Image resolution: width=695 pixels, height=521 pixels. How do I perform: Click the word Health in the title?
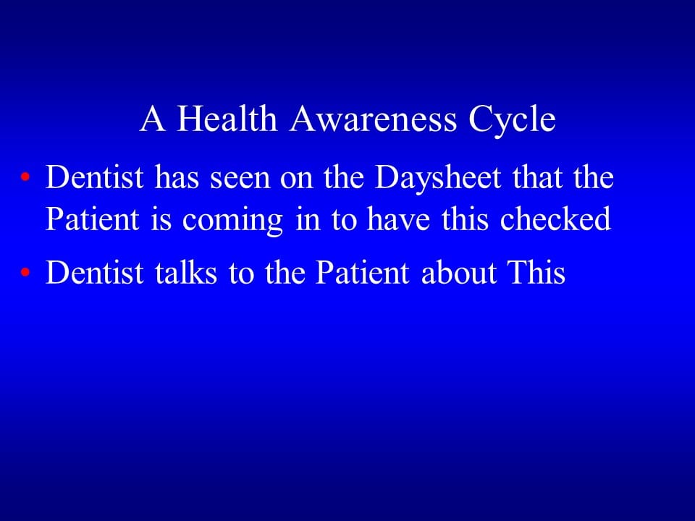pos(227,119)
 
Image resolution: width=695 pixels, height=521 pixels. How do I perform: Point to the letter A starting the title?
pos(152,119)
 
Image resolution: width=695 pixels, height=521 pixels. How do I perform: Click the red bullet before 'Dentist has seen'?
pos(26,178)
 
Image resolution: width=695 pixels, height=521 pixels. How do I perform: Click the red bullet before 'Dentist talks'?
pos(26,274)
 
